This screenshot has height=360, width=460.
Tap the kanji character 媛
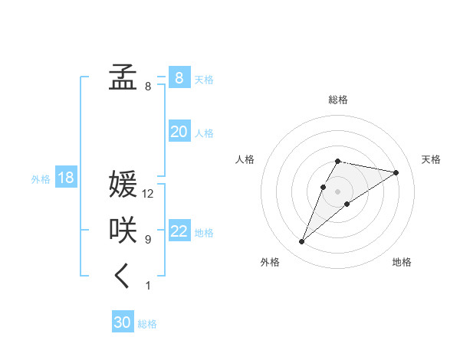tap(123, 185)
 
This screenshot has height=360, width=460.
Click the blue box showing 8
tap(179, 78)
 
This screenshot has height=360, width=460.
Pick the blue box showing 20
tap(179, 132)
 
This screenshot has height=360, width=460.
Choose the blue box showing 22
tap(179, 231)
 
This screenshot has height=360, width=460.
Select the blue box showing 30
tap(123, 322)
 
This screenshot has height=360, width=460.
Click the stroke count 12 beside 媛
tap(148, 194)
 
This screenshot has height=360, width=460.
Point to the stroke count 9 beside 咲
tap(148, 240)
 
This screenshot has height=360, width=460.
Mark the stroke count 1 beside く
tap(148, 286)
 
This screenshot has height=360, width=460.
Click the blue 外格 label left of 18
tap(41, 179)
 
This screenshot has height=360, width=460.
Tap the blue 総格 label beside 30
tap(147, 324)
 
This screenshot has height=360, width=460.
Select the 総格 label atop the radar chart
tap(338, 100)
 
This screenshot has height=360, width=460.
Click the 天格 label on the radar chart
tap(431, 159)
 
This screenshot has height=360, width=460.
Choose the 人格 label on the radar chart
tap(245, 159)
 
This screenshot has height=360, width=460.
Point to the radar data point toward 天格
tap(396, 172)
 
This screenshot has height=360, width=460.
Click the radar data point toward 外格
tap(302, 242)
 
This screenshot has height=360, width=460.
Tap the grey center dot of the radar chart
tap(338, 191)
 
